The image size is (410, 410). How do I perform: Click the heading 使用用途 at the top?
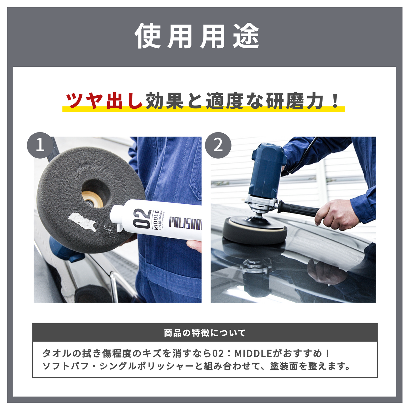197,36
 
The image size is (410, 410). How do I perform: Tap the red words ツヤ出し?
104,101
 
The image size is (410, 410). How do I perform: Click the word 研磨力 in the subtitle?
295,101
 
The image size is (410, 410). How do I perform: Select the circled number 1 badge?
40,145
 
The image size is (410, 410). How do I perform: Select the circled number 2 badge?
218,145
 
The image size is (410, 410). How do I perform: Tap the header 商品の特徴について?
205,333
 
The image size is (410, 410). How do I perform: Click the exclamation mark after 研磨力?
335,101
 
